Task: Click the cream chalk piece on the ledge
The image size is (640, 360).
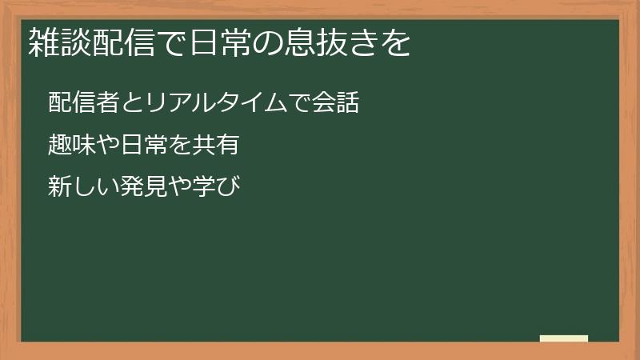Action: [564, 338]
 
